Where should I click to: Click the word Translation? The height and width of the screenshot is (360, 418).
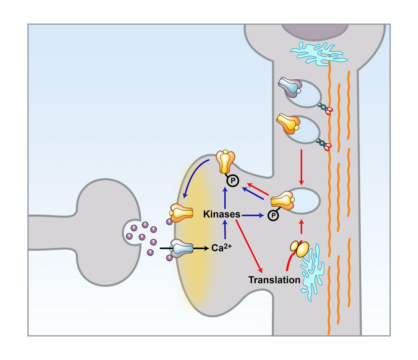[x=274, y=279]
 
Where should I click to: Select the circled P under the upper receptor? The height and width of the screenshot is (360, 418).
[x=231, y=180]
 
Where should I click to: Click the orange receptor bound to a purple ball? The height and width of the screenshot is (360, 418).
[x=181, y=212]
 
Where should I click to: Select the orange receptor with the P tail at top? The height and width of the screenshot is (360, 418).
[x=225, y=162]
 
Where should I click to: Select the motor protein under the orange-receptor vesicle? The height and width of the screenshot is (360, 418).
[x=325, y=144]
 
